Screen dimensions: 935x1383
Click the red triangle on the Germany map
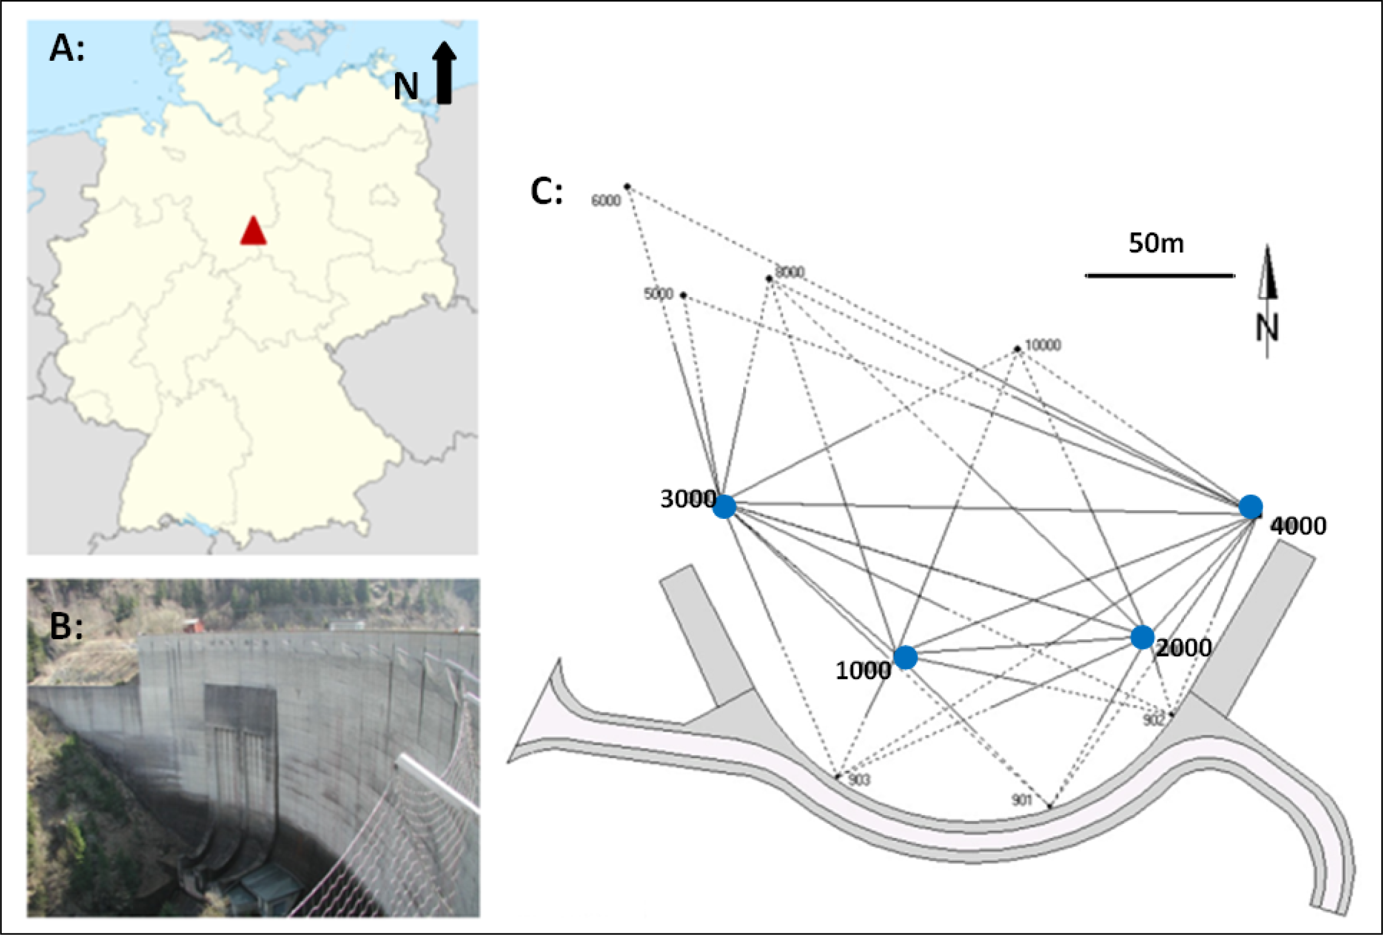[253, 232]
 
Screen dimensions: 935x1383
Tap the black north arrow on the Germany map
[444, 73]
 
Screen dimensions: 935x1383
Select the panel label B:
[66, 625]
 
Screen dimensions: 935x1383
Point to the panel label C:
[546, 191]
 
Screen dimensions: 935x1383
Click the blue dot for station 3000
[724, 507]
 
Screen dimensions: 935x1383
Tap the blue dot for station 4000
[1251, 507]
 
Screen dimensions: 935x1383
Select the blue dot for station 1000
[905, 657]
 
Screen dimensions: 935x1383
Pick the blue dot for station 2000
[1142, 637]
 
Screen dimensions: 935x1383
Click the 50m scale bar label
[1156, 244]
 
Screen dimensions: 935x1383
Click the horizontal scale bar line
[1160, 276]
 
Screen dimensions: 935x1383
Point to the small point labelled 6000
[627, 186]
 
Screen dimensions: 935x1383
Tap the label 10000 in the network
[1042, 345]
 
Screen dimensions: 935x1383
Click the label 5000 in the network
[658, 294]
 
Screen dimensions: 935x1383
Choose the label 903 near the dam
[859, 780]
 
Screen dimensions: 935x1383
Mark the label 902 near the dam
[1152, 720]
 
